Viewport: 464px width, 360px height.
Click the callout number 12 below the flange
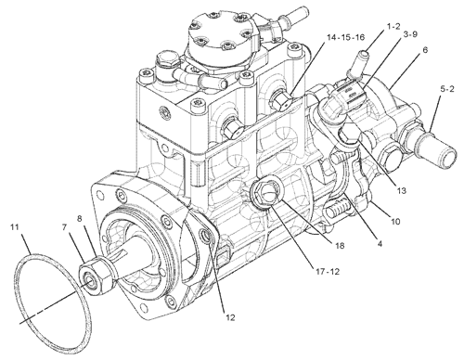coord(229,316)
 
